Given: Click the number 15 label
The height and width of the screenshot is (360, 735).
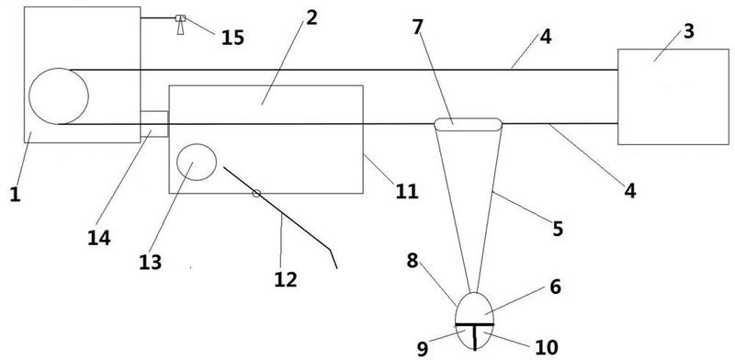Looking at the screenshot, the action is click(x=233, y=38).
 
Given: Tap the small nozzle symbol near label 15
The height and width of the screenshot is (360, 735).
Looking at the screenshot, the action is click(x=180, y=25).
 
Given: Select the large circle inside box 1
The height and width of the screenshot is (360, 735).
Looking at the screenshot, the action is click(x=59, y=96).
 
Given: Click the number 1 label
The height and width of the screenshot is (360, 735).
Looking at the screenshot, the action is click(x=16, y=193).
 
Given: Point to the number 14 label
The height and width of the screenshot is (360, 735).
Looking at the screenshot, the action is click(x=99, y=238).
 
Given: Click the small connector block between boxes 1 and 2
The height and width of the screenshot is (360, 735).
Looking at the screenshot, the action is click(x=154, y=124).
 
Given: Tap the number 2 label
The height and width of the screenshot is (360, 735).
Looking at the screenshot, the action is click(x=311, y=17).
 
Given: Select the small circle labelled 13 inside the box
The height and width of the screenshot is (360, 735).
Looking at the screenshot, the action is click(x=197, y=163).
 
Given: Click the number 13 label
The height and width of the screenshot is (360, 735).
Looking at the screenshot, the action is click(x=151, y=262).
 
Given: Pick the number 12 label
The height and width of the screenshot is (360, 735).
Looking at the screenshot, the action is click(x=286, y=280).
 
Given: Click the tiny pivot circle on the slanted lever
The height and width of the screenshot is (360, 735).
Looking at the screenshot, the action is click(x=256, y=193).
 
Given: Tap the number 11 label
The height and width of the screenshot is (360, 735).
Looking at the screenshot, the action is click(x=406, y=191).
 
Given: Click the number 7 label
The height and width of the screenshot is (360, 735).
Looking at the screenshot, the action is click(x=418, y=28).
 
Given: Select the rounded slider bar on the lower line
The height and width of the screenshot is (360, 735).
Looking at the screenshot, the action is click(x=468, y=124).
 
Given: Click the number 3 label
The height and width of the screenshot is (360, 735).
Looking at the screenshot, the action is click(x=688, y=32).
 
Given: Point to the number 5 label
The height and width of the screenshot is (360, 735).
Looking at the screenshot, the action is click(x=558, y=229).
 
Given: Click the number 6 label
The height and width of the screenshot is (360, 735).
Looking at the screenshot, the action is click(x=555, y=287).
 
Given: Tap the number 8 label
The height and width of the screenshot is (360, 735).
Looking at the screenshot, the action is click(x=412, y=261).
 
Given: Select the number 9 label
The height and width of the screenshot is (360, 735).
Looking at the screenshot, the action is click(x=423, y=348).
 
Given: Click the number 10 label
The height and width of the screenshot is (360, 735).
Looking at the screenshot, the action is click(x=547, y=347).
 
